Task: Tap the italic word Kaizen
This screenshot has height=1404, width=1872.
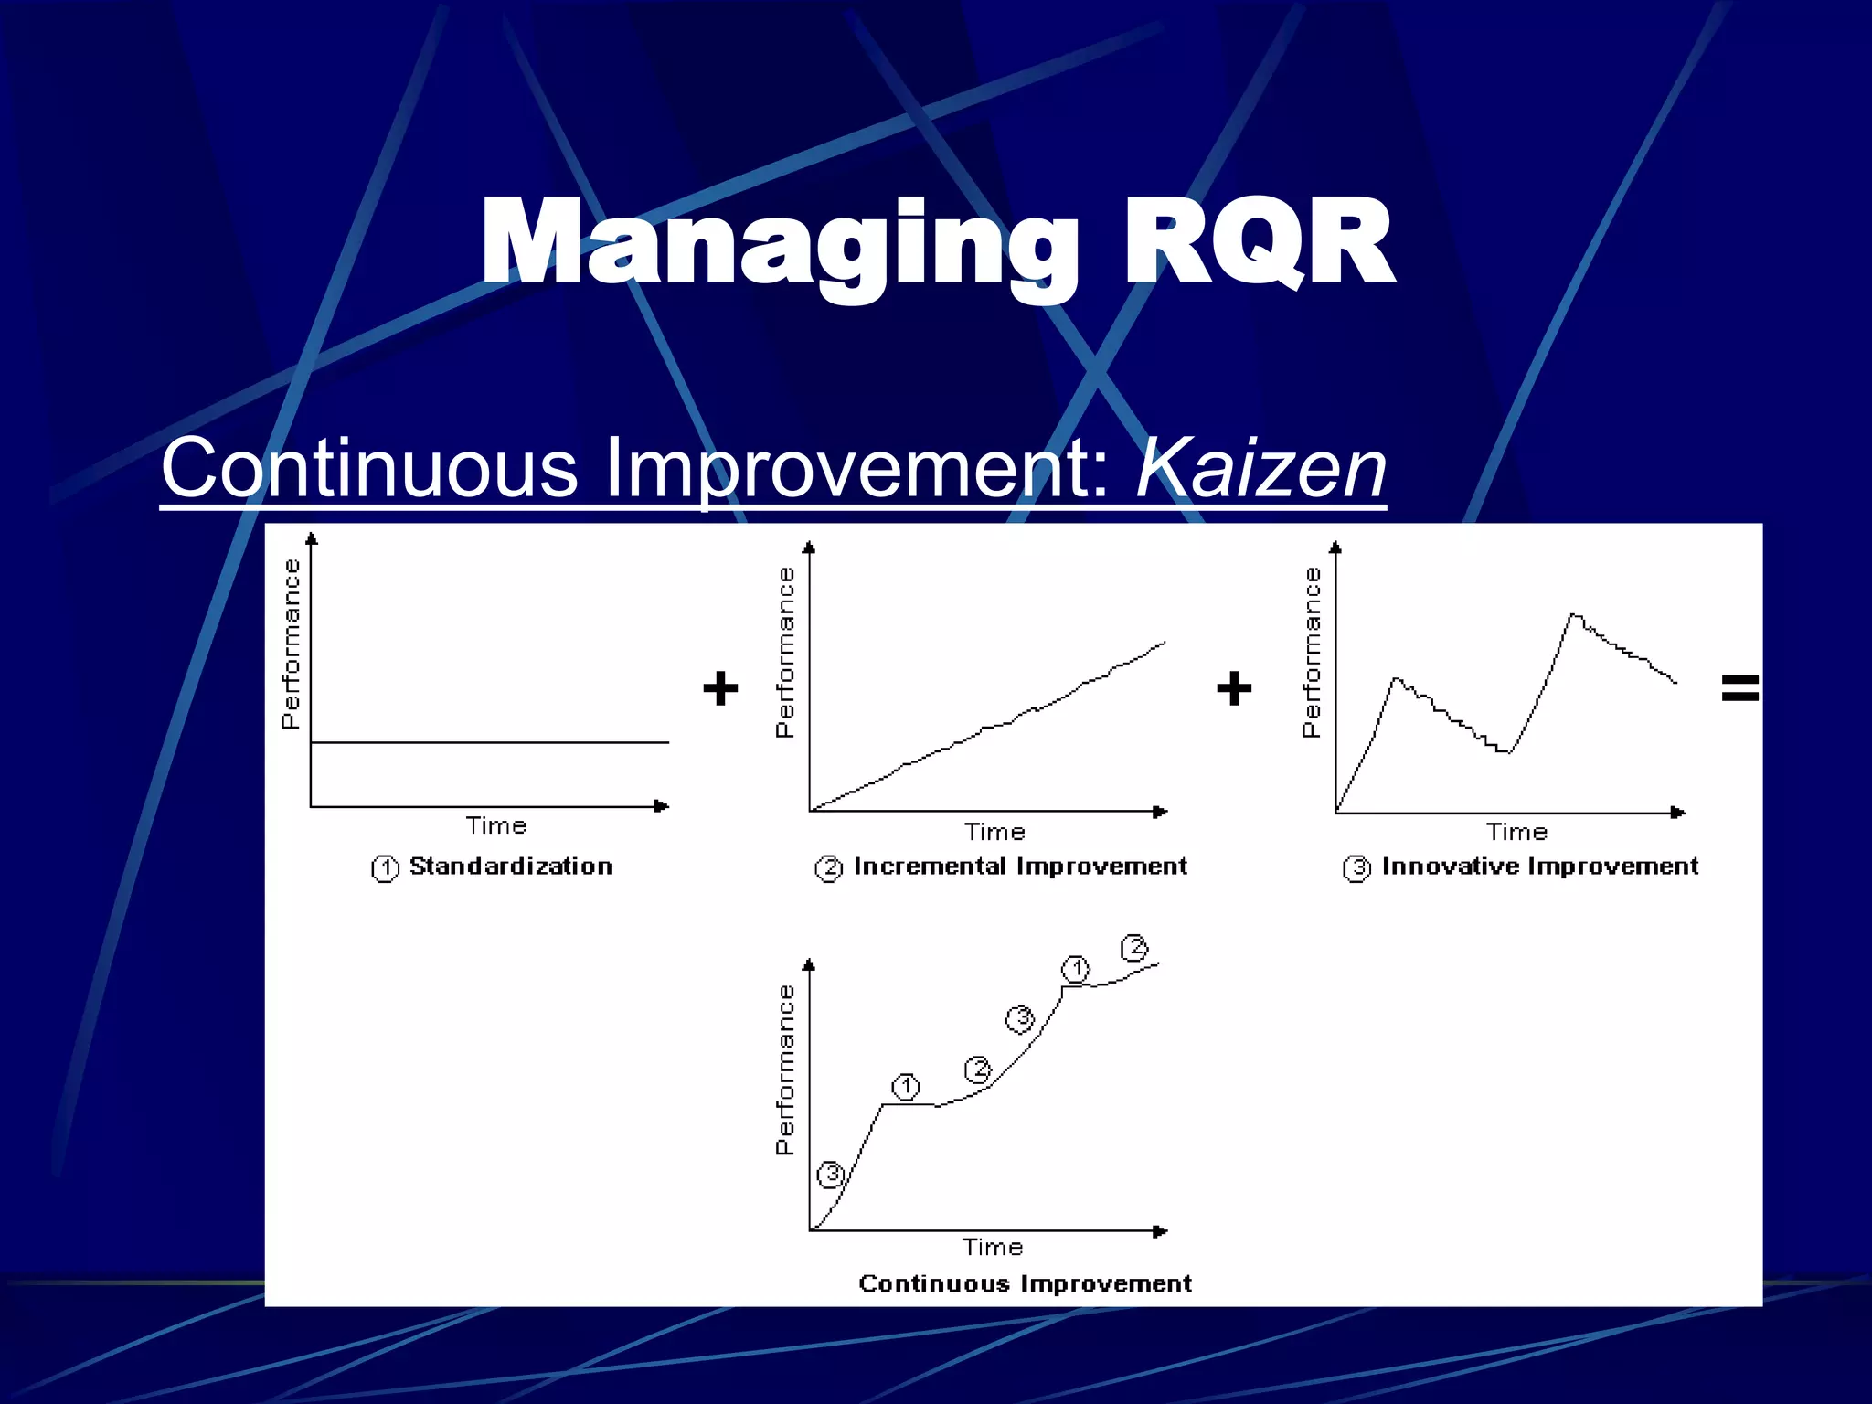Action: pyautogui.click(x=1260, y=468)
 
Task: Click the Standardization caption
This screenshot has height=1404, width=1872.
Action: pyautogui.click(x=510, y=867)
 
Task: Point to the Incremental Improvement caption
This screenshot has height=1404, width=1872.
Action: pyautogui.click(x=1020, y=867)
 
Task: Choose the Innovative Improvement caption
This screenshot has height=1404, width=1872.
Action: pyautogui.click(x=1540, y=867)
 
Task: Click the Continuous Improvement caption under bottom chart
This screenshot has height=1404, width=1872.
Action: pyautogui.click(x=1025, y=1284)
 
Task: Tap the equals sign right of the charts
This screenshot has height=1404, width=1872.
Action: pyautogui.click(x=1739, y=687)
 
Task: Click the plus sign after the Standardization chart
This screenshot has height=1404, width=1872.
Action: pyautogui.click(x=720, y=688)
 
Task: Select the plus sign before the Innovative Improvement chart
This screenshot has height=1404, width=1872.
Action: pyautogui.click(x=1234, y=688)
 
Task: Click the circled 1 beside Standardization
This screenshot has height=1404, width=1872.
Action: pyautogui.click(x=385, y=867)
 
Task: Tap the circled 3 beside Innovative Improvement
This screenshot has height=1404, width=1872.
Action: pyautogui.click(x=1356, y=867)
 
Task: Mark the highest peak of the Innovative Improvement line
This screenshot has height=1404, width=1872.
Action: pyautogui.click(x=1573, y=615)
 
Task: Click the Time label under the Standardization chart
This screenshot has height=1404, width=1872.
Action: pyautogui.click(x=496, y=826)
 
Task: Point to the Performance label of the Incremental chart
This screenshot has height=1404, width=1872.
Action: pyautogui.click(x=785, y=653)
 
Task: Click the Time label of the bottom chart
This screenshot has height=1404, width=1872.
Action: pyautogui.click(x=993, y=1248)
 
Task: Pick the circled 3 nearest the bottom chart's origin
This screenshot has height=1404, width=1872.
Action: pyautogui.click(x=831, y=1175)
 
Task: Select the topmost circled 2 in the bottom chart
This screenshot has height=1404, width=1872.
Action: pyautogui.click(x=1134, y=948)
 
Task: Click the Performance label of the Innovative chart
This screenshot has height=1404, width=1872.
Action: pyautogui.click(x=1312, y=653)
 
